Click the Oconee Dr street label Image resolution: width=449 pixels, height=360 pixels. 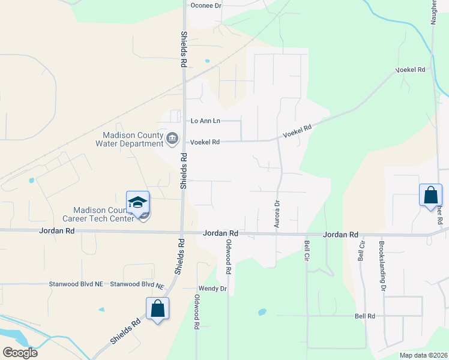tap(206, 5)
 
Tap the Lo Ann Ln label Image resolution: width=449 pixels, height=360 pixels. tap(205, 121)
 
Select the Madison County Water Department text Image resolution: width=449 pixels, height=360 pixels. tap(129, 139)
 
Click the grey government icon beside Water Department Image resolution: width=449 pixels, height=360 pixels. tap(172, 139)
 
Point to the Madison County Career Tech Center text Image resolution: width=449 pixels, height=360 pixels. tap(103, 214)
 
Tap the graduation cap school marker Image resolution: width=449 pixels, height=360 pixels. tap(137, 202)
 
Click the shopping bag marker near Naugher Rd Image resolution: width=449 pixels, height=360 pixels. tap(430, 195)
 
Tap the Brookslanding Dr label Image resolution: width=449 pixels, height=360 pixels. tap(382, 266)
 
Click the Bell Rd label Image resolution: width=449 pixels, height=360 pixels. tap(364, 316)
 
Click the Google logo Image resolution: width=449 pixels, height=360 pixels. tap(20, 352)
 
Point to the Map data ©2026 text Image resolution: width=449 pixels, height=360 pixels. tap(423, 355)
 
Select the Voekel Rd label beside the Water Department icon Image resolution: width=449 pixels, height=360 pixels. tap(205, 142)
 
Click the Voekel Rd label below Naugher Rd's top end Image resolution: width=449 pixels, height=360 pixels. tap(411, 70)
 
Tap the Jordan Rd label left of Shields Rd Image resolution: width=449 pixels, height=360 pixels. tap(57, 230)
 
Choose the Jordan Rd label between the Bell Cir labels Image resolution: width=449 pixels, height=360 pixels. tap(340, 235)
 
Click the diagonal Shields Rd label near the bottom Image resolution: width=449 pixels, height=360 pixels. tap(125, 331)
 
